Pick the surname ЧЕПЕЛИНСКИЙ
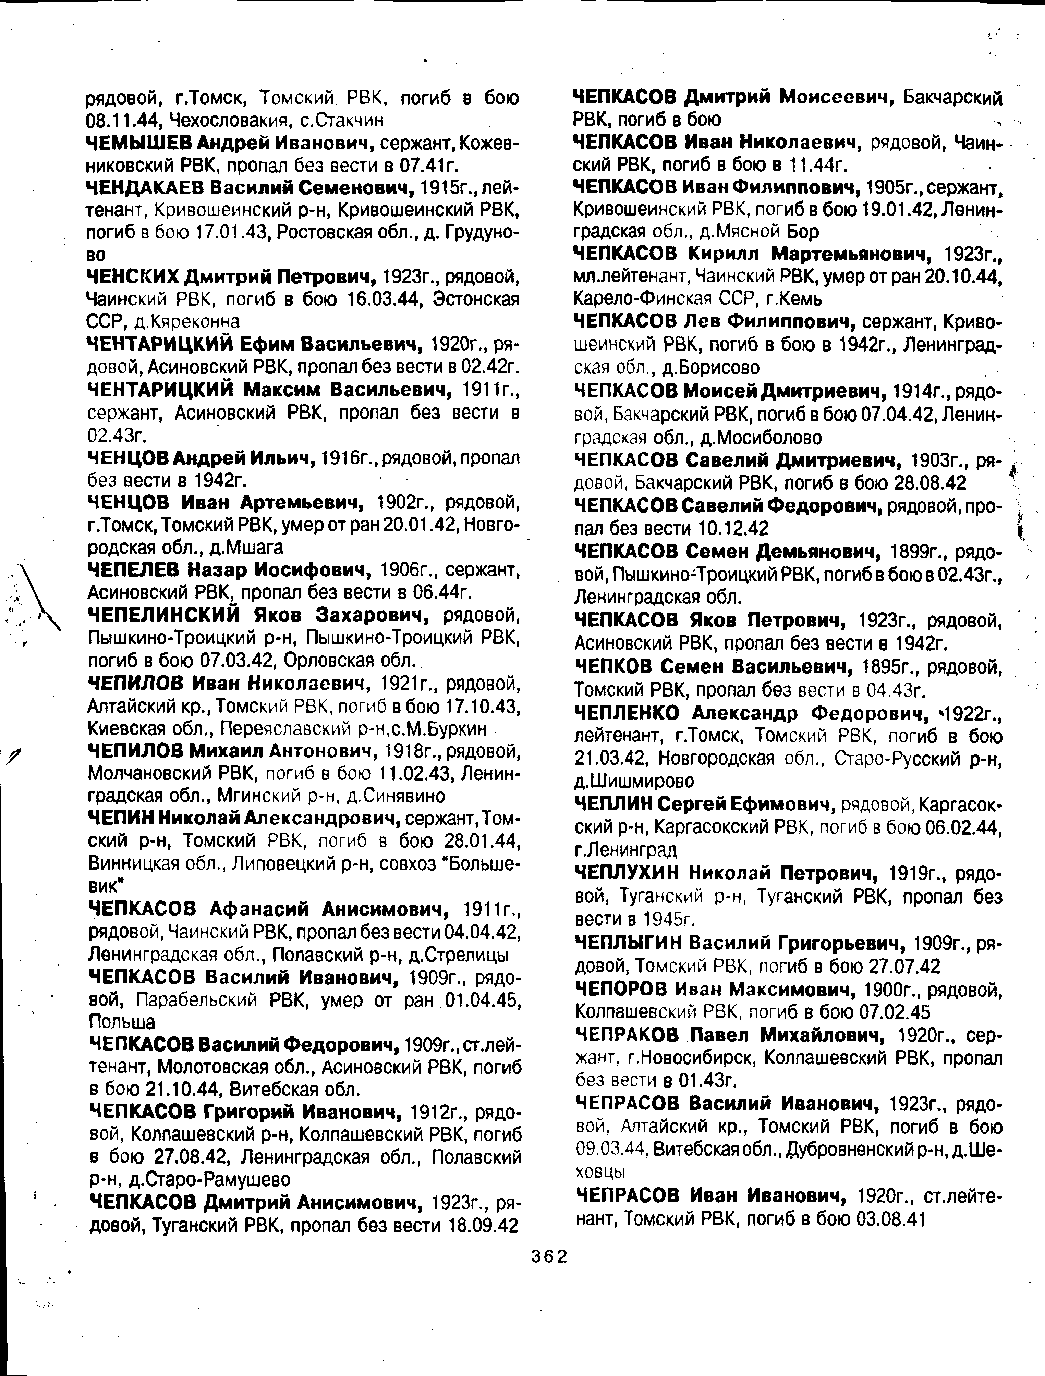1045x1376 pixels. click(164, 615)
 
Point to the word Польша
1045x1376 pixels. click(122, 1022)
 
